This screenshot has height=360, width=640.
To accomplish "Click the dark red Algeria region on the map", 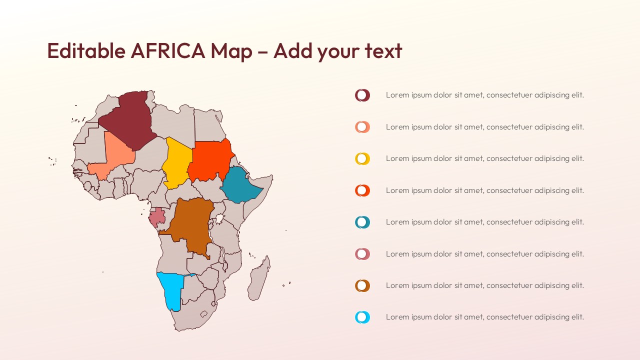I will tap(127, 120).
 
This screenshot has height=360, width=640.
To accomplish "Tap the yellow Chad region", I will tap(177, 162).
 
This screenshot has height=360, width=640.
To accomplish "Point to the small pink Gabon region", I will tap(157, 216).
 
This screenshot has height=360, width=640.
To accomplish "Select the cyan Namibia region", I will tap(171, 290).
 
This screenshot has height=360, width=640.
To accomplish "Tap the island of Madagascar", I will tap(259, 280).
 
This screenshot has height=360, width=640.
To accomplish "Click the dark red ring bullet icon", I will tap(362, 95).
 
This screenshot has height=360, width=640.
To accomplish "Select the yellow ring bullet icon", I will tap(362, 158).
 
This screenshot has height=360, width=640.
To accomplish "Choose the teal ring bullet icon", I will tap(362, 222).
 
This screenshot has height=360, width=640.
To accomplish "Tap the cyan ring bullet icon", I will tap(362, 317).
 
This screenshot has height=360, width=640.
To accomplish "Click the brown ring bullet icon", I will tap(362, 285).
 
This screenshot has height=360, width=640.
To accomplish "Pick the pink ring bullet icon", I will tap(362, 254).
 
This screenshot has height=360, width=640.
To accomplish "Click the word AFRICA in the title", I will tap(167, 51).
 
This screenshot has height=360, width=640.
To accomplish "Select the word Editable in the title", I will tap(86, 51).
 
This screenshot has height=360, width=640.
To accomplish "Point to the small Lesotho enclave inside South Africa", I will tap(204, 314).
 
